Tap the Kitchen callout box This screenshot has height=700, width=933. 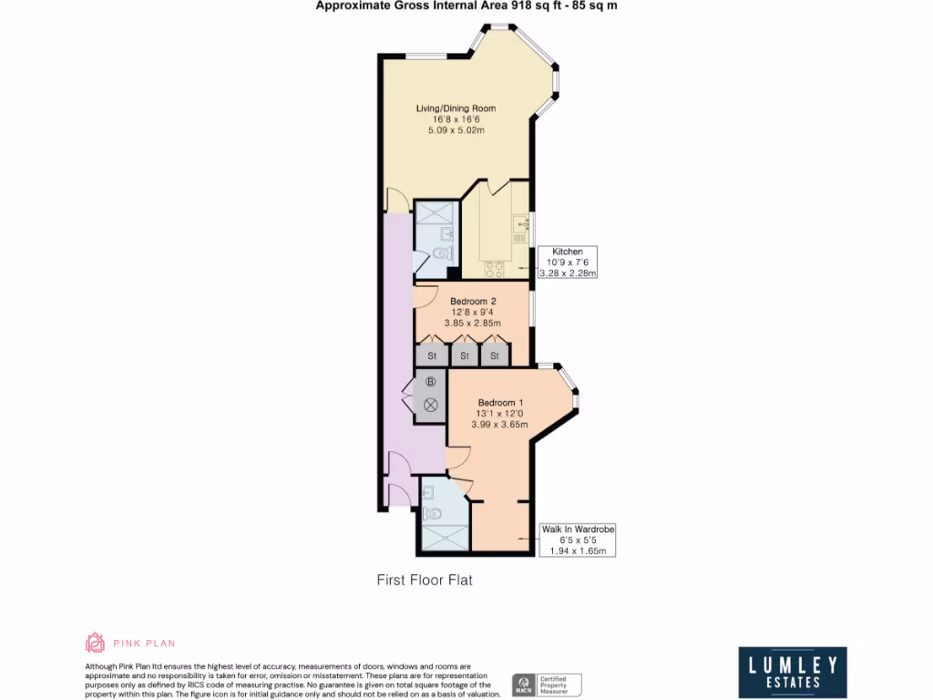pos(567,262)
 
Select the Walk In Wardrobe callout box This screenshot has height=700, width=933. pos(578,540)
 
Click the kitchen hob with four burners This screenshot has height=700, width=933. pos(494,269)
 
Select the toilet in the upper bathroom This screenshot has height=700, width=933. pos(442,253)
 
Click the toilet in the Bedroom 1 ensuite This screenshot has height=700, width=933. pos(433,512)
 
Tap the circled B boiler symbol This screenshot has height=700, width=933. pos(431,381)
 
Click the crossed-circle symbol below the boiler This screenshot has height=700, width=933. pos(431,403)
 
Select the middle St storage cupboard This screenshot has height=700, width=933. pos(464,355)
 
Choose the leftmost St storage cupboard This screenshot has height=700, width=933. pos(432,355)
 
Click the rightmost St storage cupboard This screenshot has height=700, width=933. pos(496,355)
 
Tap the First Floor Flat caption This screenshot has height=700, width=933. pos(425,580)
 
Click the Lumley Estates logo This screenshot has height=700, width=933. pos(792,673)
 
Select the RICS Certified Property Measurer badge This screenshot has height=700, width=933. pos(547,685)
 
